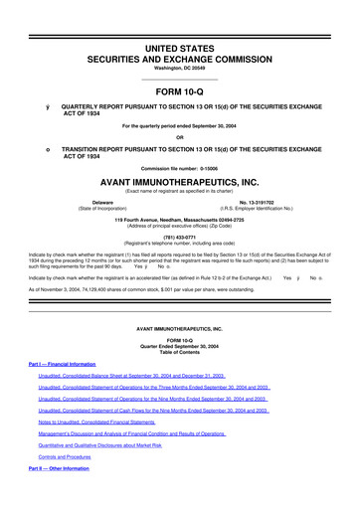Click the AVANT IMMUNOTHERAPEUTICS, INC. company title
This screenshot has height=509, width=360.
pyautogui.click(x=179, y=183)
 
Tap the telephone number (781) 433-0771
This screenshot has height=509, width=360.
pyautogui.click(x=179, y=237)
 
